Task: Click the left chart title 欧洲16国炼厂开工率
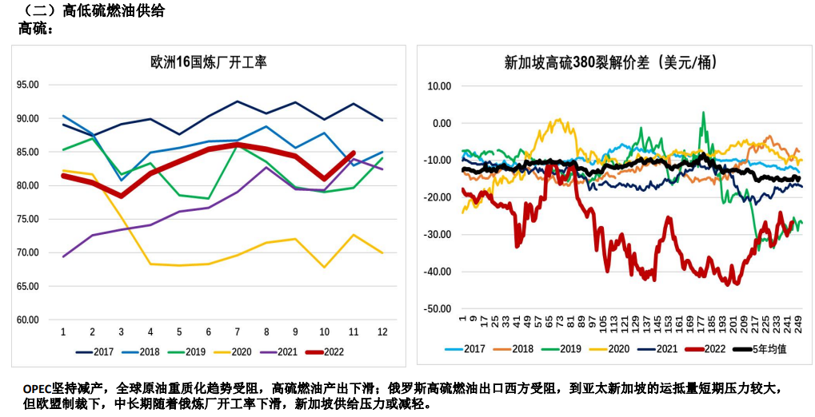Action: click(x=209, y=62)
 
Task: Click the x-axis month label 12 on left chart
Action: click(x=383, y=332)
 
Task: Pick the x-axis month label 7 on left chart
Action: click(x=238, y=332)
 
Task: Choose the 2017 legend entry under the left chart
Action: click(x=96, y=351)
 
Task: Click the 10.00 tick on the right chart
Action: click(x=441, y=85)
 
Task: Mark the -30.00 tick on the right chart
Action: click(x=439, y=235)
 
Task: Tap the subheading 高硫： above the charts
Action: click(x=35, y=29)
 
